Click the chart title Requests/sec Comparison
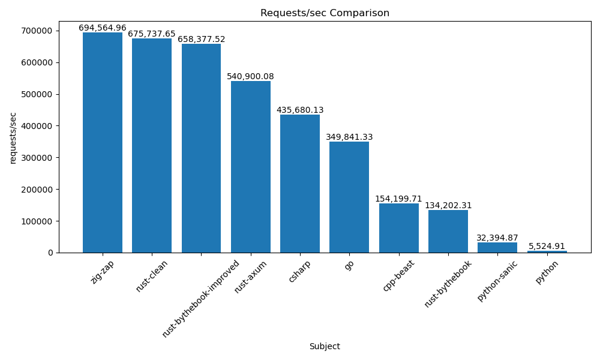point(325,13)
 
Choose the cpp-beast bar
point(399,228)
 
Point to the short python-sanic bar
point(497,247)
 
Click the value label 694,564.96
point(103,28)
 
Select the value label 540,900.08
point(250,77)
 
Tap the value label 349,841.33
point(349,137)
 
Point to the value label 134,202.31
point(448,206)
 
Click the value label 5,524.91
point(547,247)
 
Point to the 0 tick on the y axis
point(50,253)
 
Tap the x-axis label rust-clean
point(152,277)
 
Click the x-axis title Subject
point(325,347)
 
